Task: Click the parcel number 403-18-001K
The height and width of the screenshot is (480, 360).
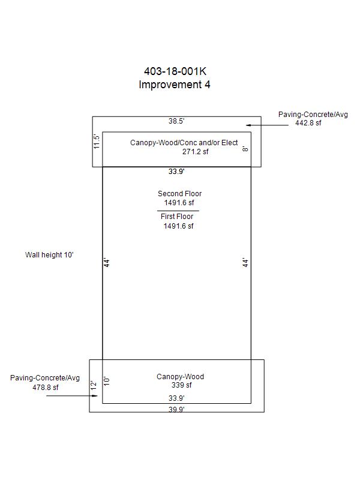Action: pos(175,71)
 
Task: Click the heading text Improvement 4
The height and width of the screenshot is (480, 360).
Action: pos(175,85)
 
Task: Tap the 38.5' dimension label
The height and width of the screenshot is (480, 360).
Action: pos(176,121)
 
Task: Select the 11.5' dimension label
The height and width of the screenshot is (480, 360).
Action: pos(97,142)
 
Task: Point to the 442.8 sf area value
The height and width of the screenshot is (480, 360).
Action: pos(308,123)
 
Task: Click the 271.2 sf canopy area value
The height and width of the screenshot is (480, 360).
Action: pos(196,152)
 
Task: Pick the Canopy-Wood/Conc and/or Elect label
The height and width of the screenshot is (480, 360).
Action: pos(184,143)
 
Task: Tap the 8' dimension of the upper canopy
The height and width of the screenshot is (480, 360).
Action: pos(245,149)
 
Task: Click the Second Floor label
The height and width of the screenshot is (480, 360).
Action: pos(179,193)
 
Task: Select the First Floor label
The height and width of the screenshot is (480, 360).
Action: pos(177,217)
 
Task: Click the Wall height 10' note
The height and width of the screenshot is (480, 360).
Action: pos(49,254)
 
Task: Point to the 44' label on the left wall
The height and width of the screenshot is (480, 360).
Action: pos(107,263)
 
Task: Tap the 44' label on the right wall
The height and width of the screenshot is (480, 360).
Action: pos(245,263)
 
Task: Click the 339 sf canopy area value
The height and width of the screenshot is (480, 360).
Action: pos(182,385)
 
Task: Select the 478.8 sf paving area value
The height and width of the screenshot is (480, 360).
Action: pos(46,387)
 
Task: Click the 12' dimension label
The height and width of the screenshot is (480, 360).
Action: pos(94,385)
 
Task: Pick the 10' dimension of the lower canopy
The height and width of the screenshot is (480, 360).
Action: pos(107,381)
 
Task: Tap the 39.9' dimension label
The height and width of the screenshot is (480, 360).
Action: pos(176,409)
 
